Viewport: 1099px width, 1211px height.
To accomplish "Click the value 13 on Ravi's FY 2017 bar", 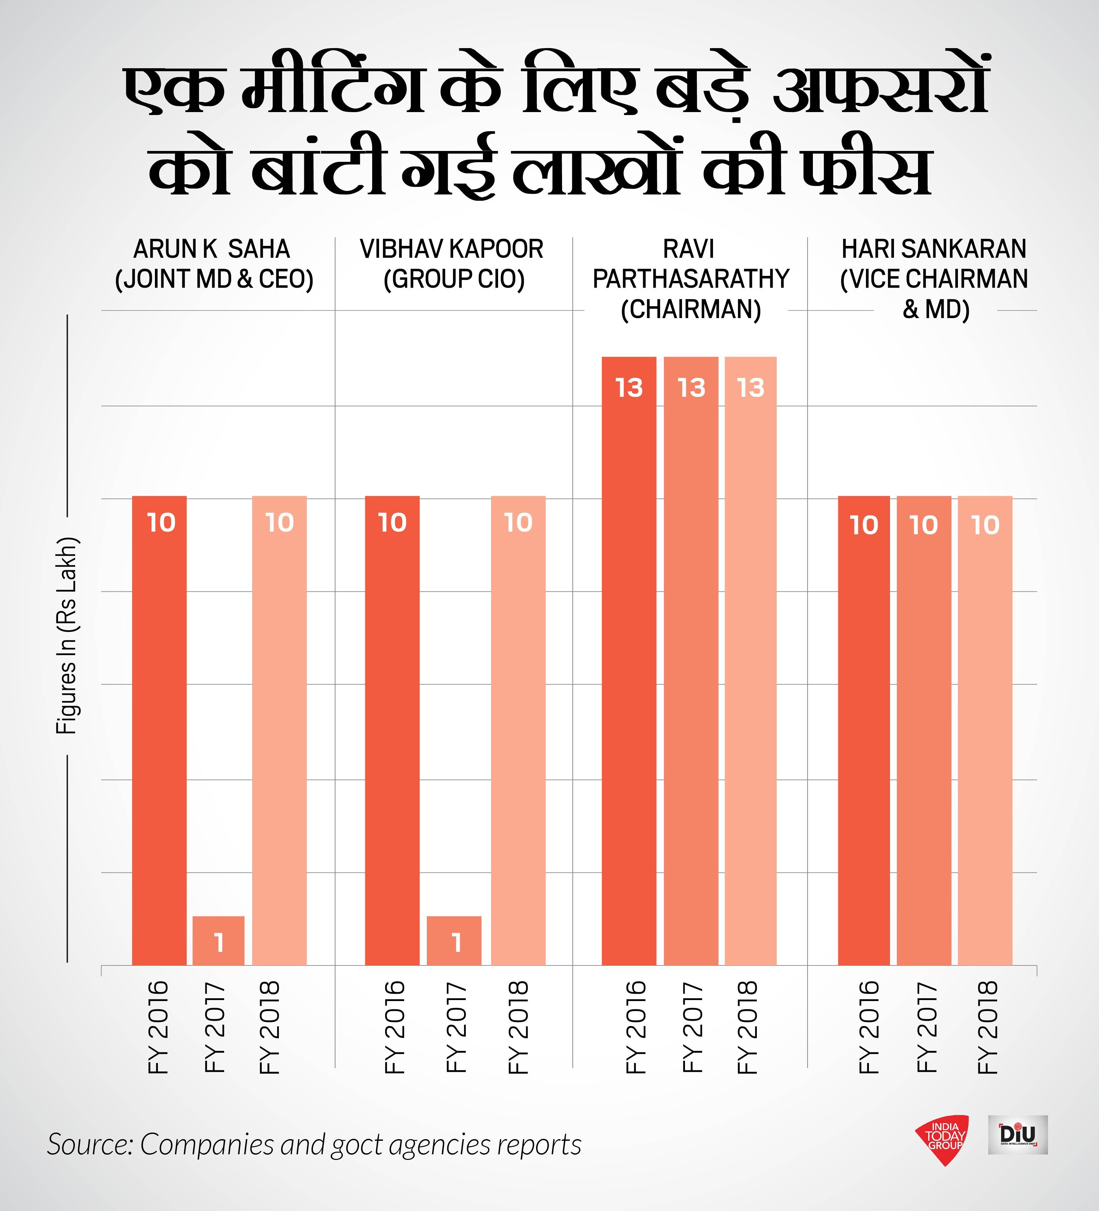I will click(x=691, y=388).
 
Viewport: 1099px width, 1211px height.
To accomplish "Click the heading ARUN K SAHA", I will click(x=212, y=249).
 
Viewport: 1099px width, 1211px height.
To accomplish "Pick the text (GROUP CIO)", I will click(x=454, y=279).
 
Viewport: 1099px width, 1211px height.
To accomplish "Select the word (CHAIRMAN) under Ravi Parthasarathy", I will click(x=690, y=310).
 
